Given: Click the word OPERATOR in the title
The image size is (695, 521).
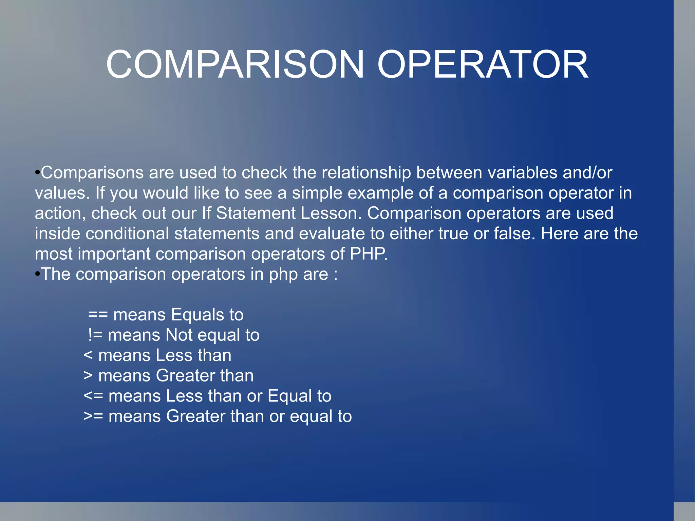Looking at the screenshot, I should [483, 64].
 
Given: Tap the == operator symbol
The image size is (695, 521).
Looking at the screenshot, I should [98, 315].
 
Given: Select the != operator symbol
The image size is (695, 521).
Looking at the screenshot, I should [95, 335].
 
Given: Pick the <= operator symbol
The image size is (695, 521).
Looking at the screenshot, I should [93, 396].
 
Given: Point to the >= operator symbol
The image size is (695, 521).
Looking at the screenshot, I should [93, 416].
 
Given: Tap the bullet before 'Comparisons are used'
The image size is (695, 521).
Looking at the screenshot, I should [37, 172].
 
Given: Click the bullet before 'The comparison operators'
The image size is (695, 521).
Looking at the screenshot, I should [37, 274].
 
